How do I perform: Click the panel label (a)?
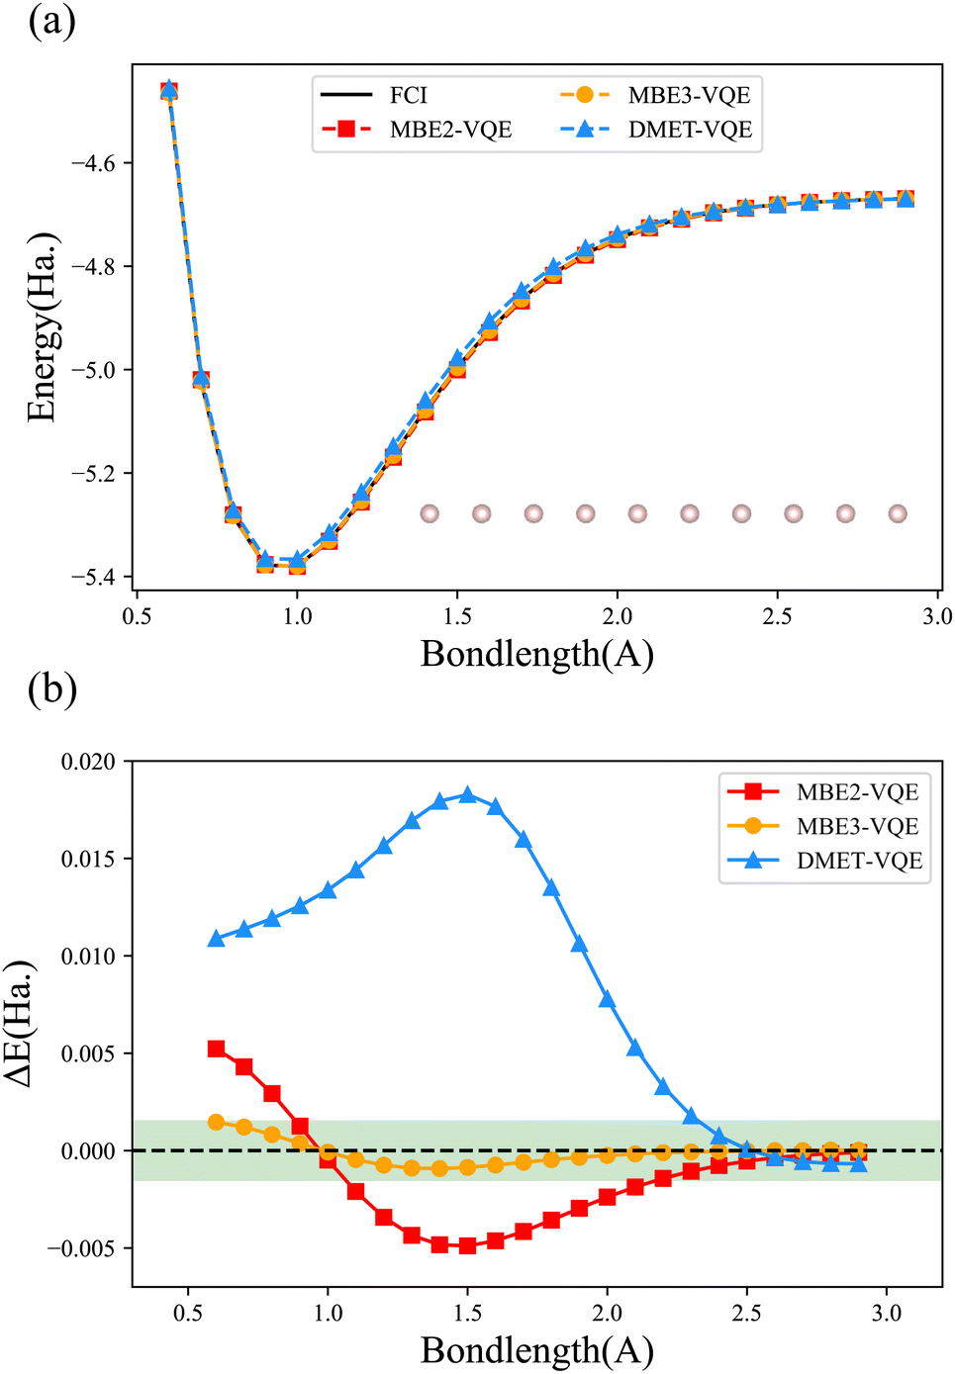(x=51, y=21)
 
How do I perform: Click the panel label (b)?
(x=52, y=688)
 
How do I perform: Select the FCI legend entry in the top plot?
(x=408, y=96)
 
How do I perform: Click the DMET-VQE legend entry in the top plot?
(x=690, y=130)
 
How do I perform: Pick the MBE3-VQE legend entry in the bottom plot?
(x=857, y=826)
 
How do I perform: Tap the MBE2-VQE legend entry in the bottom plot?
(x=857, y=792)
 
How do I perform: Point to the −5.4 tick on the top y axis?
(x=93, y=577)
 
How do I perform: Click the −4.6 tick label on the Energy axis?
(x=93, y=163)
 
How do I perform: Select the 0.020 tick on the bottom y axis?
(x=88, y=762)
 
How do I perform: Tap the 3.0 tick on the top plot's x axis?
(x=936, y=616)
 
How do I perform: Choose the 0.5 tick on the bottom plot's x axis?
(x=188, y=1313)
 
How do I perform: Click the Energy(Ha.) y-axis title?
(x=43, y=328)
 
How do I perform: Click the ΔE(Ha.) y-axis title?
(x=19, y=1024)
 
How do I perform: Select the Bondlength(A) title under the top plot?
(x=536, y=654)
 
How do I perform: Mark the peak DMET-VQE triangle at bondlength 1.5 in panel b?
(x=468, y=795)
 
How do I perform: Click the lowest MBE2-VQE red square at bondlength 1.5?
(x=468, y=1245)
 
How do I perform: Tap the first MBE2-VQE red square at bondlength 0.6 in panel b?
(x=216, y=1049)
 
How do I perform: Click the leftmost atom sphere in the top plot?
(x=430, y=513)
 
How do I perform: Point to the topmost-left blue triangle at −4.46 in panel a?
(x=169, y=90)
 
